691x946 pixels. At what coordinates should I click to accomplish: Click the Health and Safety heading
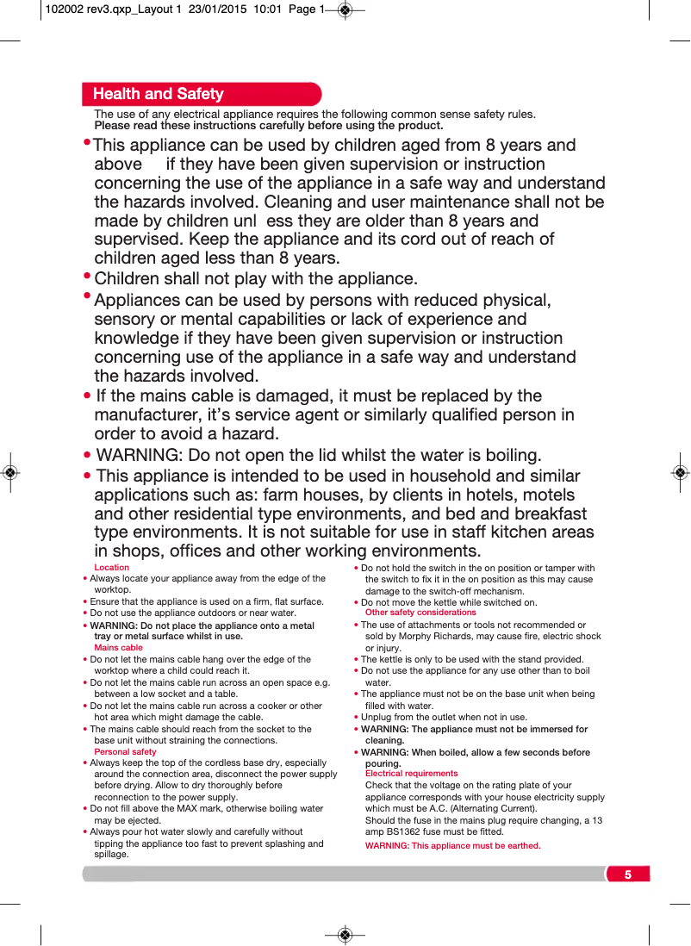tap(158, 94)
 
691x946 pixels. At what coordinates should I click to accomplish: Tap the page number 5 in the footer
tap(628, 875)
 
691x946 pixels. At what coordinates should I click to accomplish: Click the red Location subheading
tap(111, 568)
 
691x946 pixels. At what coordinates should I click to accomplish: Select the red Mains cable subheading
tap(118, 648)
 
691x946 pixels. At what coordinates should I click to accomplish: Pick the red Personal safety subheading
tap(125, 752)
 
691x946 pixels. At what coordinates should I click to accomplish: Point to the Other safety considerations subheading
tap(420, 613)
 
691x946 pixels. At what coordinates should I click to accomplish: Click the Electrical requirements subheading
tap(411, 774)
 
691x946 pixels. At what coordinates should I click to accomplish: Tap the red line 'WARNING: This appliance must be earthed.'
tap(452, 846)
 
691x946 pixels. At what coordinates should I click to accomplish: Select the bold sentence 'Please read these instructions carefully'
tap(268, 126)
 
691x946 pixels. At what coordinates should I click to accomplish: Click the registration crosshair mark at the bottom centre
tap(345, 935)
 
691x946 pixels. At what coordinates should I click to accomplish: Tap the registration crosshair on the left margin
tap(9, 472)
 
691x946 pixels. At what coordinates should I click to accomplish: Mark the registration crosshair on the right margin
tap(680, 472)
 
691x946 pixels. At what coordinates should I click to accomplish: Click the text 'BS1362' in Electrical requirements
tap(409, 832)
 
